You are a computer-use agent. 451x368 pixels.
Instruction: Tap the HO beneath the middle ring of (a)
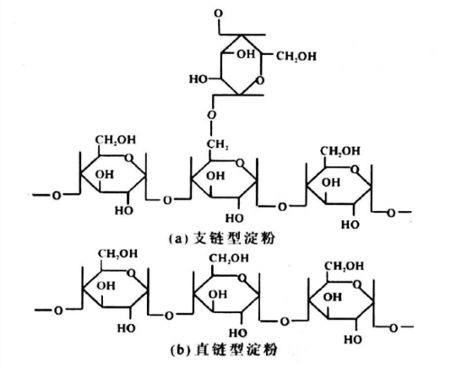[x=234, y=218]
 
